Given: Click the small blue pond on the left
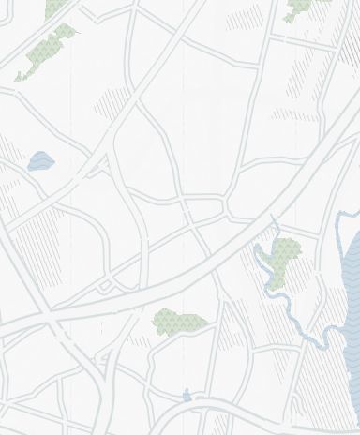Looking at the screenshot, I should tap(40, 162).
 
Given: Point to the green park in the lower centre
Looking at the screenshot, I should tap(178, 322).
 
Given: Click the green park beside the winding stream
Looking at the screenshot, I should tap(284, 255).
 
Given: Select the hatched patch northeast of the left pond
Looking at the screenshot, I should tap(111, 103).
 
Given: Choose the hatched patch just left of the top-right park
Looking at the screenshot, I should tap(246, 17).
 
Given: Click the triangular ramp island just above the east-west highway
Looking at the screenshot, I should tap(106, 285).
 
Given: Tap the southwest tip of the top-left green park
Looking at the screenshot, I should tap(17, 79).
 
